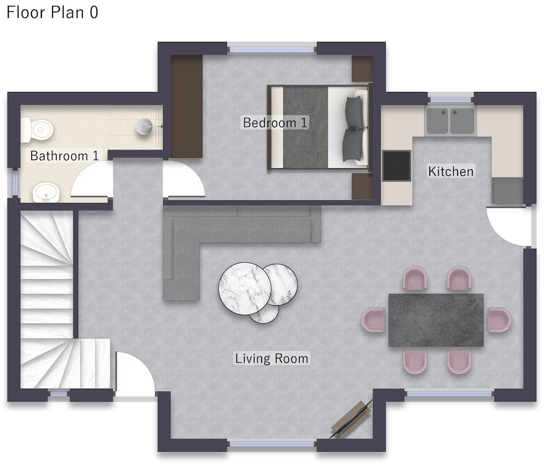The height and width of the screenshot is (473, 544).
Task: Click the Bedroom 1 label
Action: click(275, 122)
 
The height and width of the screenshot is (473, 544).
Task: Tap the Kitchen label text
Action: click(450, 171)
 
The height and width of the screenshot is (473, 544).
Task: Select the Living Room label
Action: click(271, 359)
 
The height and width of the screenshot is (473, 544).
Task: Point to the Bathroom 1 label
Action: click(64, 156)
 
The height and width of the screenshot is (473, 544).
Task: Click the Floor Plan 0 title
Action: click(52, 13)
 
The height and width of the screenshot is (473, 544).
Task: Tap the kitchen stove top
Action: click(397, 165)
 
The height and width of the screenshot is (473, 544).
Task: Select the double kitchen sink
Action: click(450, 120)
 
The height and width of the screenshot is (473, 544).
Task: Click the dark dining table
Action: click(436, 320)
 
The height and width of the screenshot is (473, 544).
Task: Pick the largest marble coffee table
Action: click(245, 288)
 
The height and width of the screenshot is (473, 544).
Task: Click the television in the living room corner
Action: click(351, 419)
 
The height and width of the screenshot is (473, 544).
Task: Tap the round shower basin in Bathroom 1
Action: click(144, 126)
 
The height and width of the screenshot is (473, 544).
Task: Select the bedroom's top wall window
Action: click(272, 48)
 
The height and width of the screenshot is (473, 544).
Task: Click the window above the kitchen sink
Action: click(450, 97)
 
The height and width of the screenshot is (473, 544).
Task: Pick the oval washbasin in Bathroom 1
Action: click(46, 192)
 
